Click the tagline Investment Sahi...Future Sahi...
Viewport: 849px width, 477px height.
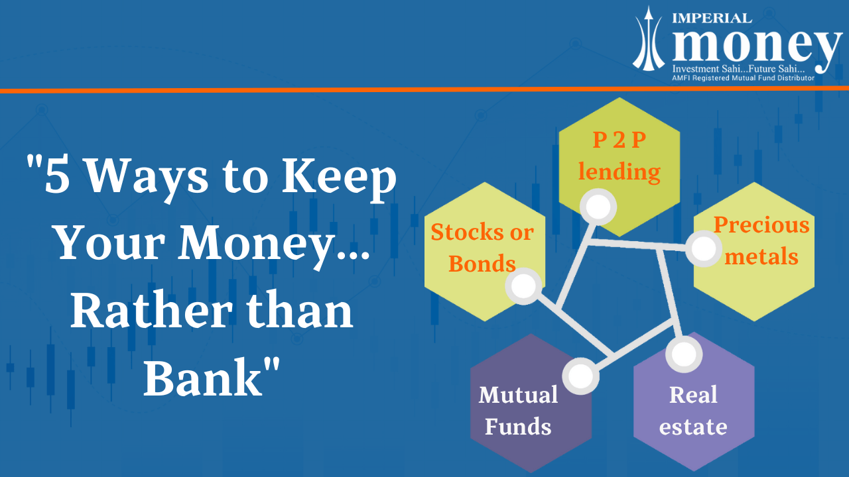point(738,70)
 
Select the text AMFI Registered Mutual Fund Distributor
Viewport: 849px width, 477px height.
point(742,78)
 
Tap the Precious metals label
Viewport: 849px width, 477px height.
point(761,240)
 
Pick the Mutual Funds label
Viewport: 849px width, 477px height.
point(518,411)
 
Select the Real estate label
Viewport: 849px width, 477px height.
point(693,411)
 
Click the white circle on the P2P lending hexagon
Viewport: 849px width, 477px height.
point(598,208)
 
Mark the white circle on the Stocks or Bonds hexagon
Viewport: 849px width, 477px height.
point(523,286)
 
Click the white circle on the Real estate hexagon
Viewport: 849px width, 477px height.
point(683,354)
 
